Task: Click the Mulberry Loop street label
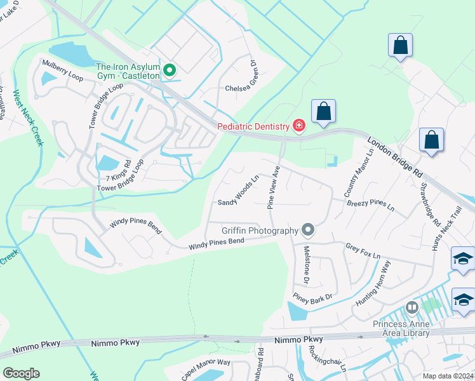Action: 63,69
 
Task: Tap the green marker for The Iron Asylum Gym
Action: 170,70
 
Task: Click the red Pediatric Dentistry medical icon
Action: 298,126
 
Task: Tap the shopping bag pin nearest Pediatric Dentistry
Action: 323,111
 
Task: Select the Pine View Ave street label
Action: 274,189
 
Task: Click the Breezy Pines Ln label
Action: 370,204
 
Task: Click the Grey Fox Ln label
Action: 363,251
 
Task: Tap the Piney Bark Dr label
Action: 312,296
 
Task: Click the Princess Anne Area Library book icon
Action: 412,308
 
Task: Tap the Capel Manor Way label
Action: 205,370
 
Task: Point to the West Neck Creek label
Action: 29,117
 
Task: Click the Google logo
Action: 21,373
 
